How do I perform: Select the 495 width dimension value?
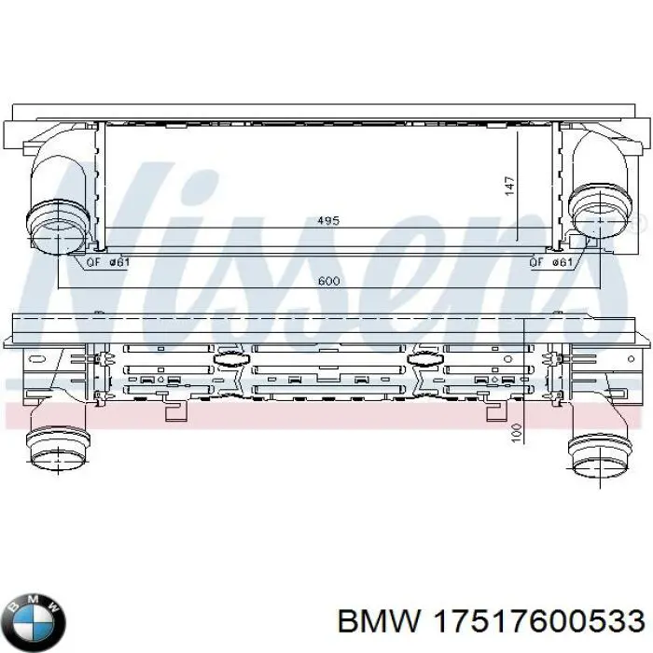point(328,220)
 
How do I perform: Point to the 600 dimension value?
point(328,281)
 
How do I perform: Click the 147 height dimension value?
point(509,186)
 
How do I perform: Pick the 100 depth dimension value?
point(516,433)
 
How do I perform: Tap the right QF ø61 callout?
point(551,262)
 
